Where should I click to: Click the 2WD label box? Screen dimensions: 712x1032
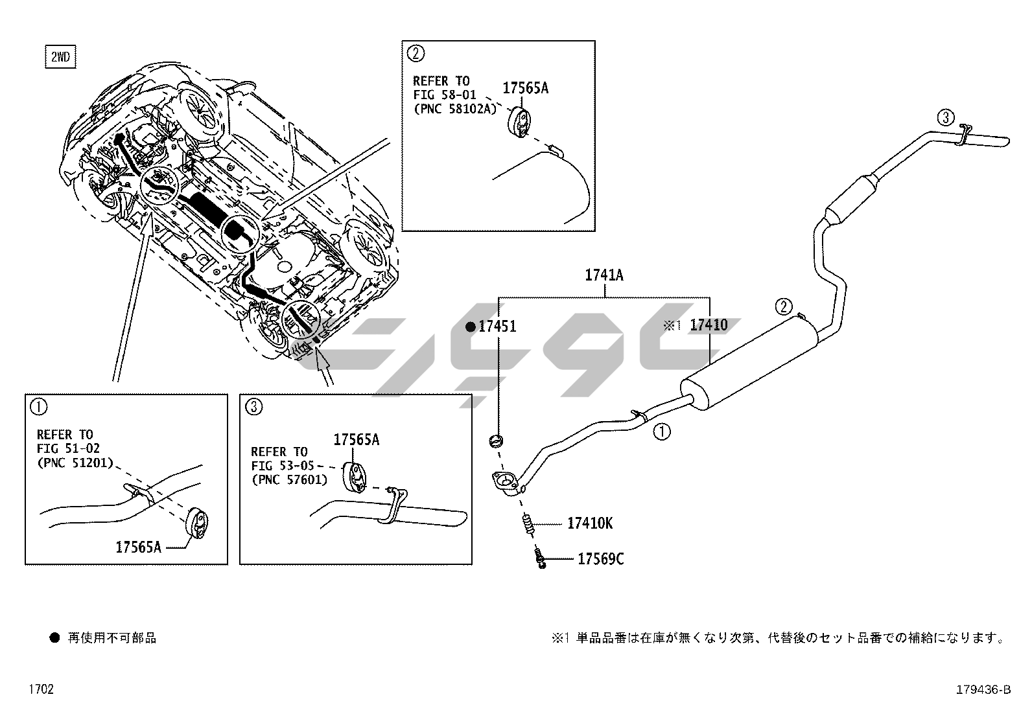pyautogui.click(x=60, y=57)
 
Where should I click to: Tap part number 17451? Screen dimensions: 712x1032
pyautogui.click(x=497, y=326)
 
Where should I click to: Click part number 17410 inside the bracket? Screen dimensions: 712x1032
pyautogui.click(x=709, y=325)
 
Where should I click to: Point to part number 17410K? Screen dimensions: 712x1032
pyautogui.click(x=589, y=523)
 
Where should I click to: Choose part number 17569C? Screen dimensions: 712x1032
pyautogui.click(x=600, y=558)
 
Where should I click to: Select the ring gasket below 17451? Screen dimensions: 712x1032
pyautogui.click(x=496, y=441)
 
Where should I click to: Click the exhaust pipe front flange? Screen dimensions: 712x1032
pyautogui.click(x=506, y=483)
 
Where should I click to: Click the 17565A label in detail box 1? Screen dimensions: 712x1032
pyautogui.click(x=138, y=547)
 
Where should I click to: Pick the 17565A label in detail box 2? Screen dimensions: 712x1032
pyautogui.click(x=526, y=88)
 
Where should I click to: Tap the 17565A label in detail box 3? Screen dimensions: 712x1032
pyautogui.click(x=357, y=440)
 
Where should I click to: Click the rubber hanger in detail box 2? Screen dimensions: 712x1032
pyautogui.click(x=520, y=122)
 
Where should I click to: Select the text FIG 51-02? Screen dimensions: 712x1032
pyautogui.click(x=68, y=448)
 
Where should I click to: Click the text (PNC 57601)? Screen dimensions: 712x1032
pyautogui.click(x=289, y=479)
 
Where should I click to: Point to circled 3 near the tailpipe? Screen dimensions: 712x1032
pyautogui.click(x=946, y=118)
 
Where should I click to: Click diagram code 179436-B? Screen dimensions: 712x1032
pyautogui.click(x=983, y=690)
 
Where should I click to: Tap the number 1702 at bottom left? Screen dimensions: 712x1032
pyautogui.click(x=40, y=689)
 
